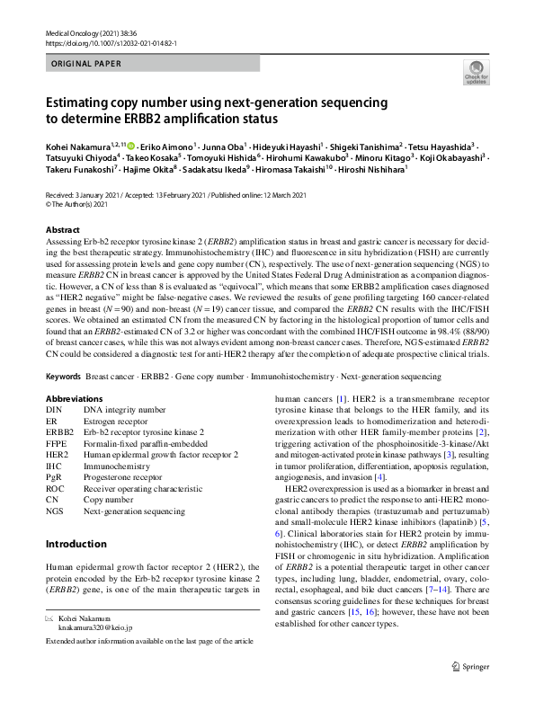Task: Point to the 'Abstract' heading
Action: pos(62,230)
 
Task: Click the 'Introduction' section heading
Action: pos(76,544)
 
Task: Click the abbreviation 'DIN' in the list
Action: pos(56,410)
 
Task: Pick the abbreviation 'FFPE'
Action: pos(58,443)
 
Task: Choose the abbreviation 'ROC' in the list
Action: pos(57,488)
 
